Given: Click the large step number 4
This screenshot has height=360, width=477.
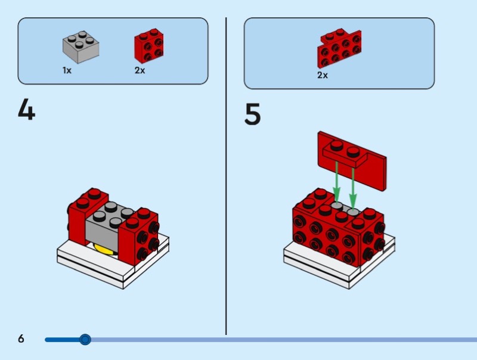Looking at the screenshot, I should pyautogui.click(x=26, y=110).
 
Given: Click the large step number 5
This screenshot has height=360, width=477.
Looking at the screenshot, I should pyautogui.click(x=253, y=114).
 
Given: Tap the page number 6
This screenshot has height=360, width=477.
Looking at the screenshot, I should pyautogui.click(x=21, y=339).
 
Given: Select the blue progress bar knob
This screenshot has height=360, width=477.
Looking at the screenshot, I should pyautogui.click(x=85, y=340).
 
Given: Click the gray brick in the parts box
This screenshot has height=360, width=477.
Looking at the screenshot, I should pyautogui.click(x=80, y=48).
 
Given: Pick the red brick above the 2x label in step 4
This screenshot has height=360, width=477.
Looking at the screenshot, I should pyautogui.click(x=149, y=46).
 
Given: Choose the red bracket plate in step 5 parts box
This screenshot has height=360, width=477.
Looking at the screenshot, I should pyautogui.click(x=339, y=49).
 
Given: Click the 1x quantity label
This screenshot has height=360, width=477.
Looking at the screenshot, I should pyautogui.click(x=67, y=70).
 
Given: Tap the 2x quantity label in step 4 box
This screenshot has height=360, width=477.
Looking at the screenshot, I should pyautogui.click(x=140, y=70).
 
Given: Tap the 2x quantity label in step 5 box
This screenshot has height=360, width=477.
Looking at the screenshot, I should pyautogui.click(x=322, y=76).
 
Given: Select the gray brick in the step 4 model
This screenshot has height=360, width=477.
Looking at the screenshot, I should pyautogui.click(x=106, y=224).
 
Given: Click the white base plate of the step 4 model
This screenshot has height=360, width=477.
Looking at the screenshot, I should pyautogui.click(x=113, y=268).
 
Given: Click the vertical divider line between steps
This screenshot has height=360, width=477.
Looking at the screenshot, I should pyautogui.click(x=226, y=179).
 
